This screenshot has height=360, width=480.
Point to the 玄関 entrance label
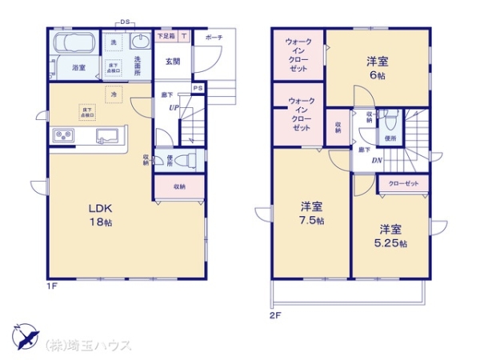(x=173, y=61)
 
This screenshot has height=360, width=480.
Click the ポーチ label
(x=214, y=38)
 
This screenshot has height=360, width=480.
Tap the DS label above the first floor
(x=124, y=22)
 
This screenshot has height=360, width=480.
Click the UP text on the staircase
(x=173, y=107)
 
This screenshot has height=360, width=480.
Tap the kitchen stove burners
(x=63, y=135)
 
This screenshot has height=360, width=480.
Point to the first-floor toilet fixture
(x=186, y=159)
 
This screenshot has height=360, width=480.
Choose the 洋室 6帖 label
(x=378, y=67)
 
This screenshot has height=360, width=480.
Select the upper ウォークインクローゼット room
(x=297, y=54)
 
